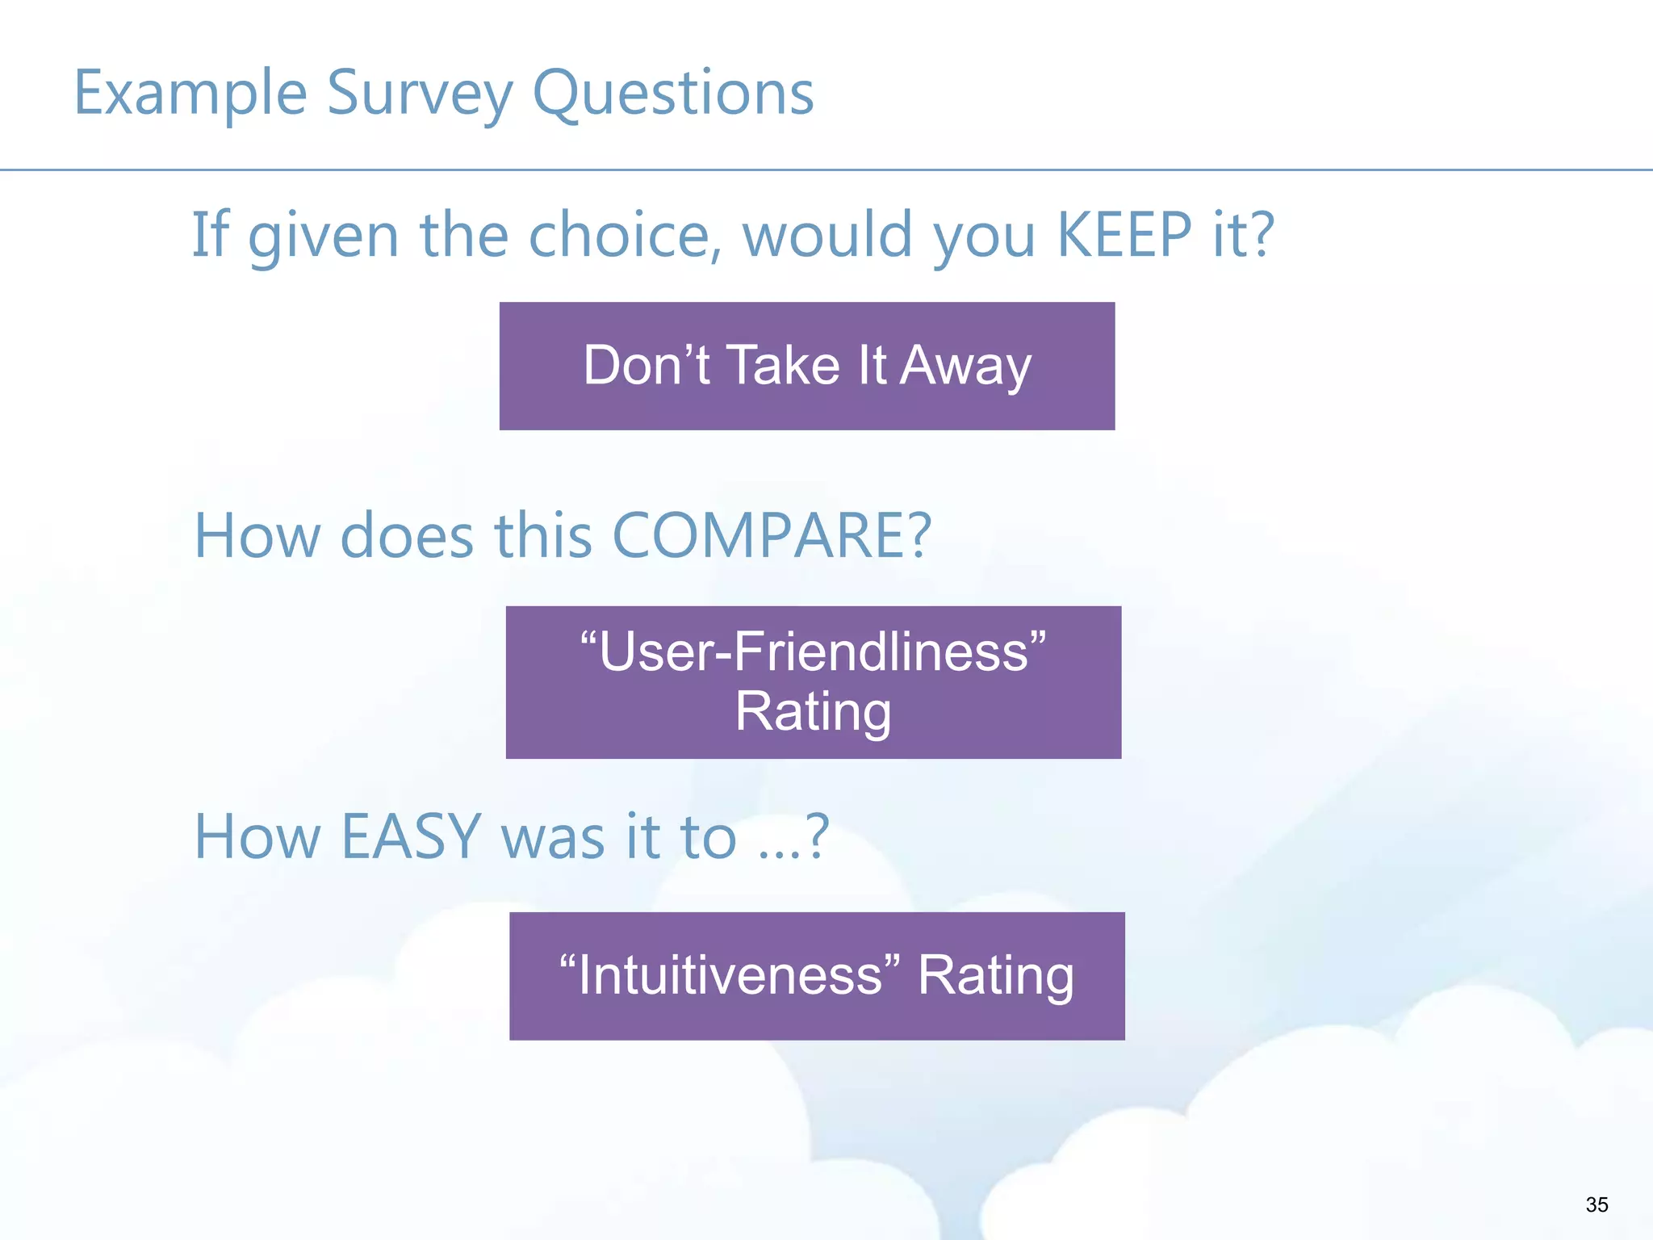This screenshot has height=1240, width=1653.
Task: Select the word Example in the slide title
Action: [x=190, y=94]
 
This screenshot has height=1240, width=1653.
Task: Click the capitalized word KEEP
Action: [x=1124, y=235]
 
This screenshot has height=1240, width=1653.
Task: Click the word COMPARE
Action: [x=772, y=536]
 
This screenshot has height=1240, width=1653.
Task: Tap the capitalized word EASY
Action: [x=411, y=837]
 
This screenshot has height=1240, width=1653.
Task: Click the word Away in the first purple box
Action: [x=965, y=366]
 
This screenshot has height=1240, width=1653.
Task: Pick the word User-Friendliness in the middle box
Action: [x=813, y=651]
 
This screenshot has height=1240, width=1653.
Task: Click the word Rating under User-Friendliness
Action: [x=813, y=711]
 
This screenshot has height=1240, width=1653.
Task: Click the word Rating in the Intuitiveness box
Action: [x=995, y=975]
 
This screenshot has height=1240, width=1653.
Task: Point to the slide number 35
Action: [x=1596, y=1204]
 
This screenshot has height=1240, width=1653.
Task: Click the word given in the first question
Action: [x=323, y=235]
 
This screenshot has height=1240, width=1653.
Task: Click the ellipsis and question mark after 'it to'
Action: [x=793, y=837]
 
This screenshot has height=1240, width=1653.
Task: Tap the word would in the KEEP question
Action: [x=827, y=235]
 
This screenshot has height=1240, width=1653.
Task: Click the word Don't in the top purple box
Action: [x=646, y=366]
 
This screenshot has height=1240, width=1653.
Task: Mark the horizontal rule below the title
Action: [x=826, y=170]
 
